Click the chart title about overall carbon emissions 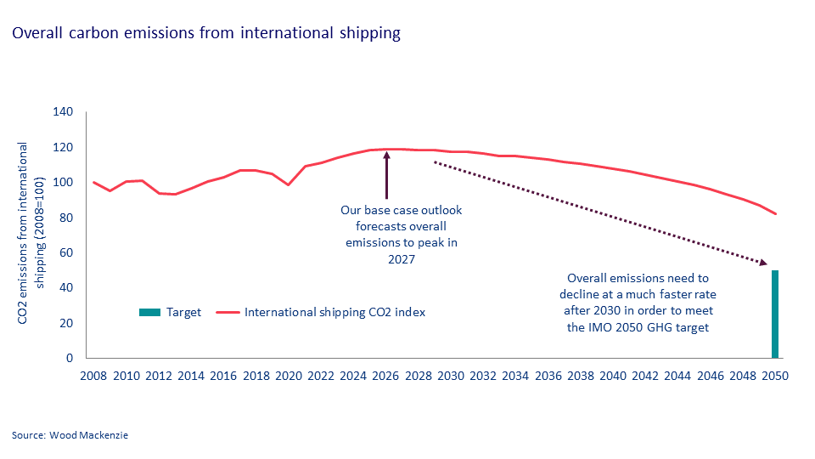pyautogui.click(x=205, y=34)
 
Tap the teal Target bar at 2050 pyautogui.click(x=775, y=314)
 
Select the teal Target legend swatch pyautogui.click(x=149, y=312)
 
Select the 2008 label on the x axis pyautogui.click(x=93, y=376)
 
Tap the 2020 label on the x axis pyautogui.click(x=289, y=376)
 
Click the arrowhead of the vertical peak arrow pyautogui.click(x=386, y=156)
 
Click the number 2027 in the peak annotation pyautogui.click(x=402, y=259)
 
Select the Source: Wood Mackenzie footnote pyautogui.click(x=70, y=435)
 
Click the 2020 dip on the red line pyautogui.click(x=289, y=184)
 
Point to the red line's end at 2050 pyautogui.click(x=775, y=213)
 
